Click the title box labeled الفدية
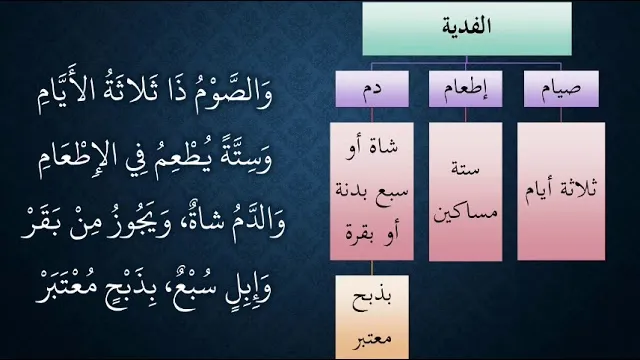(467, 29)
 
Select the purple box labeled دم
(372, 89)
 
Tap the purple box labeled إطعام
(465, 89)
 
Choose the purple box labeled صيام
(561, 89)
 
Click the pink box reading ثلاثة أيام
(561, 191)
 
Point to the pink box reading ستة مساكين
(465, 191)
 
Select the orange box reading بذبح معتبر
(372, 317)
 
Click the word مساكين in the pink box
(465, 213)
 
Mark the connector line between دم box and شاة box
(372, 115)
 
